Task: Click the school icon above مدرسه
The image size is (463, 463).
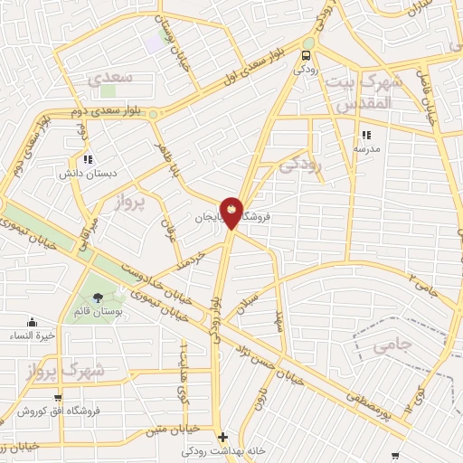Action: [366, 134]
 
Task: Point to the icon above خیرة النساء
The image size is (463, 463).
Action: [33, 323]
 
